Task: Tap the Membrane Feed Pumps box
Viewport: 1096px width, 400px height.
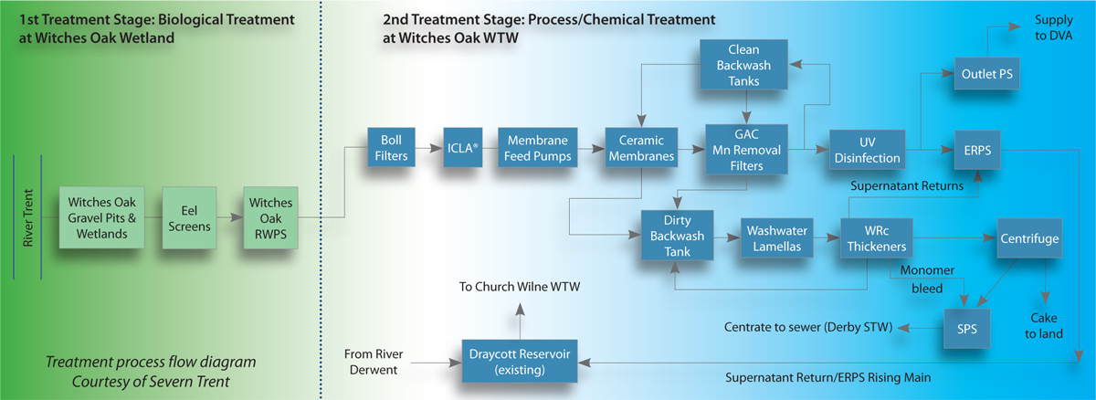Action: coord(540,148)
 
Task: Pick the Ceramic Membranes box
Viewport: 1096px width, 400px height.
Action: coord(640,148)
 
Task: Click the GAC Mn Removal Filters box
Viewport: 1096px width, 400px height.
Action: coord(748,148)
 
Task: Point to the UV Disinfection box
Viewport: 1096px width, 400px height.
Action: coord(866,148)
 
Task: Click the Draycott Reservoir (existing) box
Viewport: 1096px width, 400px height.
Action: coord(519,361)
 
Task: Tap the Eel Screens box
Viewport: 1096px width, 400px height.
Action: coord(187,218)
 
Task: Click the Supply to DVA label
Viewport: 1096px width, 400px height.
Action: coord(1053,27)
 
